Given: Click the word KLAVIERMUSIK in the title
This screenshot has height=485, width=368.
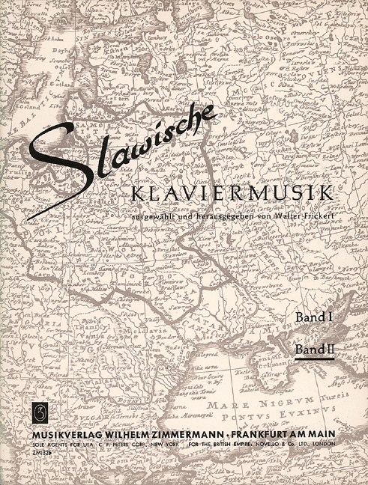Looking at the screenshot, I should pyautogui.click(x=232, y=193).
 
